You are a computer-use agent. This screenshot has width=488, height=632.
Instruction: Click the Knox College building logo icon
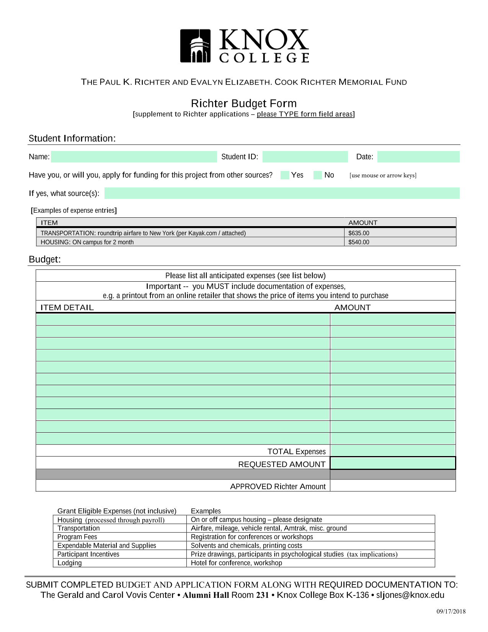pyautogui.click(x=195, y=46)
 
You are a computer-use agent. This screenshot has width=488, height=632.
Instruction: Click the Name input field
pyautogui.click(x=134, y=157)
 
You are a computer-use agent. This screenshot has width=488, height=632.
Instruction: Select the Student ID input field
pyautogui.click(x=305, y=157)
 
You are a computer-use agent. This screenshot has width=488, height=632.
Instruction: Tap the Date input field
pyautogui.click(x=418, y=157)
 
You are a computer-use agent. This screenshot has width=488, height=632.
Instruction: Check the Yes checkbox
pyautogui.click(x=285, y=175)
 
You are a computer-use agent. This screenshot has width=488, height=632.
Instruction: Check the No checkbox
pyautogui.click(x=318, y=175)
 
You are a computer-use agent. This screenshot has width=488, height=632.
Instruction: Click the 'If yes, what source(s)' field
pyautogui.click(x=282, y=193)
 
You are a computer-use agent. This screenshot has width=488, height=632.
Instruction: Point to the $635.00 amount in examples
pyautogui.click(x=359, y=233)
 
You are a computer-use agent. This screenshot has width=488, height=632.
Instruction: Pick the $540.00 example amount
pyautogui.click(x=359, y=242)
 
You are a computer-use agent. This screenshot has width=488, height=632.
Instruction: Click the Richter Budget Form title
pyautogui.click(x=244, y=103)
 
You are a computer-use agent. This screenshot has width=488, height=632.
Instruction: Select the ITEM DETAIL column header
pyautogui.click(x=67, y=307)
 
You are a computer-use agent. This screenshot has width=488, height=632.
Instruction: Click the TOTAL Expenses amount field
pyautogui.click(x=393, y=451)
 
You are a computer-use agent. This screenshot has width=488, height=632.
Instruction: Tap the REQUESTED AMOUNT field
pyautogui.click(x=393, y=463)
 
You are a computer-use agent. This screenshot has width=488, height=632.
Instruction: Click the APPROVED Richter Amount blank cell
pyautogui.click(x=393, y=486)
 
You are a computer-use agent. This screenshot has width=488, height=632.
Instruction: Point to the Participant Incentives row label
pyautogui.click(x=88, y=554)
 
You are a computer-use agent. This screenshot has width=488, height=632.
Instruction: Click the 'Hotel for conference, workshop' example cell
pyautogui.click(x=236, y=563)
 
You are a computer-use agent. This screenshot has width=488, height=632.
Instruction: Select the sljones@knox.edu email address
pyautogui.click(x=410, y=595)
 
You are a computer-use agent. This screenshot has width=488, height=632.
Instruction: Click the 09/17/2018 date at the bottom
pyautogui.click(x=451, y=611)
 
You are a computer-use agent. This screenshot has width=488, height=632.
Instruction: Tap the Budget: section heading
pyautogui.click(x=45, y=259)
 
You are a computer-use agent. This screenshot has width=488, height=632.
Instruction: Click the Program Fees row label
pyautogui.click(x=77, y=537)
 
